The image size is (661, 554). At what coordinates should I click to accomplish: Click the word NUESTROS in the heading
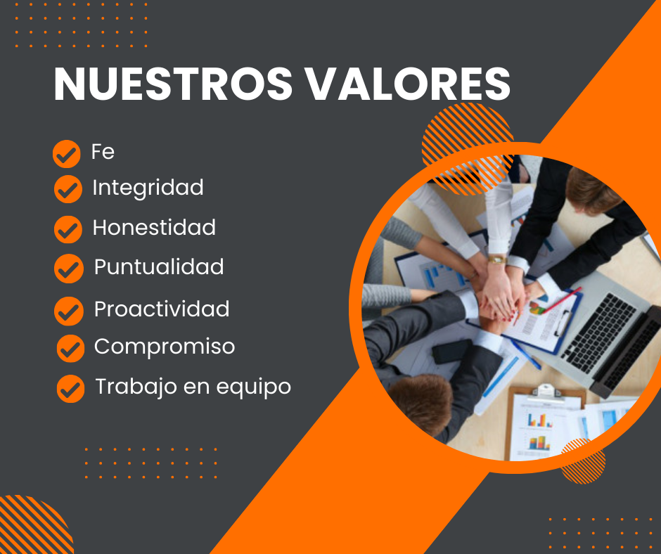173,84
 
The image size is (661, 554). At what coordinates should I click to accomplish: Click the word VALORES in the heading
408,84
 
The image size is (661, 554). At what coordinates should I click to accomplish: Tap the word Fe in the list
103,151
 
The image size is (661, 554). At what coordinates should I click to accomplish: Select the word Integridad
148,187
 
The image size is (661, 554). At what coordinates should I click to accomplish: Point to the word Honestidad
154,227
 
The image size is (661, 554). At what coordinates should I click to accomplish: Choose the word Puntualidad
159,266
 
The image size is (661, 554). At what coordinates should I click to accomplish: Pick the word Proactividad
162,309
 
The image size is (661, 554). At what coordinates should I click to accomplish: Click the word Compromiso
165,347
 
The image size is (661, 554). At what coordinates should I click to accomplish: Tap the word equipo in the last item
254,387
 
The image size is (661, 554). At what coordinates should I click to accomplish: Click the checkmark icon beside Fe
67,154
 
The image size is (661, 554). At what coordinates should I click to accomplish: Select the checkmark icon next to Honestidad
68,229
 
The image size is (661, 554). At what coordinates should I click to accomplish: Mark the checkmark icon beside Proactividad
69,311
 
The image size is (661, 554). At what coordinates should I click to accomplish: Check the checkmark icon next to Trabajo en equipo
70,389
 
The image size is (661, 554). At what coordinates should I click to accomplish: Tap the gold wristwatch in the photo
497,259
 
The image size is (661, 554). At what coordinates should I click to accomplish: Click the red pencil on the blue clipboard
560,301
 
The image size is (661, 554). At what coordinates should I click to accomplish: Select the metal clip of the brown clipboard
546,391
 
